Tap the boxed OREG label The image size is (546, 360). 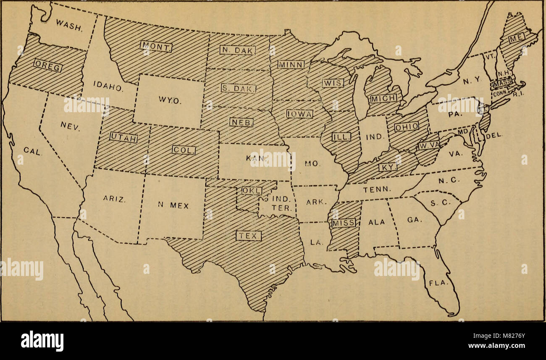49,67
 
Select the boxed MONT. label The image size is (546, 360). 156,47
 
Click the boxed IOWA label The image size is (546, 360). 299,113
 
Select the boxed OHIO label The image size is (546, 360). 406,126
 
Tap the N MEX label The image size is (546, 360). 173,206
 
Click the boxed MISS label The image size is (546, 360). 344,223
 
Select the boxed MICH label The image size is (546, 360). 383,98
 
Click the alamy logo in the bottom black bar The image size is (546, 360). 42,340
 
